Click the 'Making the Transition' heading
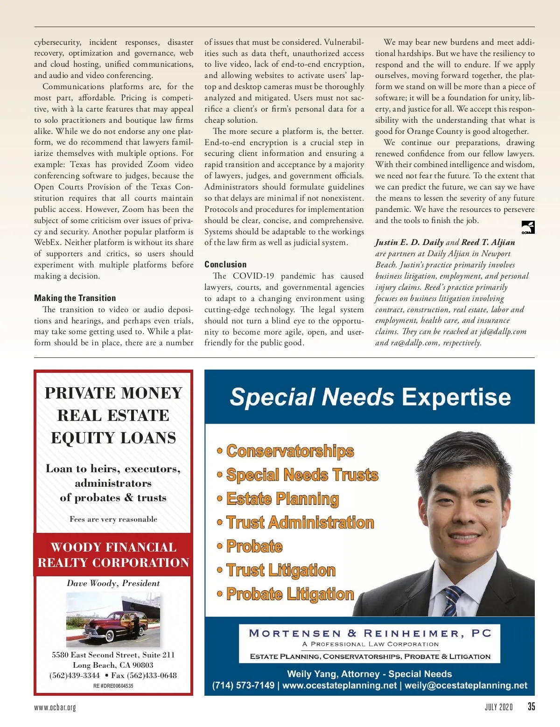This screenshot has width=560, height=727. [x=75, y=298]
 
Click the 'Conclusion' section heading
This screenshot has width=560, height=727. [x=225, y=265]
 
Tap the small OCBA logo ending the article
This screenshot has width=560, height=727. [x=528, y=228]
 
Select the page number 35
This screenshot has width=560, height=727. [x=531, y=706]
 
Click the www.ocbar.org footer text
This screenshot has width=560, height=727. [x=55, y=707]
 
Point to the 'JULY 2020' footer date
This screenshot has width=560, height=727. [x=498, y=707]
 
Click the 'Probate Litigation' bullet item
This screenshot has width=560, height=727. [x=290, y=594]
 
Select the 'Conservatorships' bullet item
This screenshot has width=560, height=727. [x=290, y=451]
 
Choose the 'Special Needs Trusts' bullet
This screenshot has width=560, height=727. [x=302, y=475]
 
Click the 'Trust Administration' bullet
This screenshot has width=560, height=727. [x=300, y=523]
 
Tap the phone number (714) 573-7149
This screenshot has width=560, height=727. [x=243, y=685]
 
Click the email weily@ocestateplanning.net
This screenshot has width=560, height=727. [x=466, y=685]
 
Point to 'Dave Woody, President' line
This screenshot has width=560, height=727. [x=113, y=583]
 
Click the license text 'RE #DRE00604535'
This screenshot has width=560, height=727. [x=113, y=686]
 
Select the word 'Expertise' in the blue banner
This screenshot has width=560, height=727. [x=456, y=397]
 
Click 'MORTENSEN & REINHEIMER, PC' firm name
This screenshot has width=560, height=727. [x=370, y=633]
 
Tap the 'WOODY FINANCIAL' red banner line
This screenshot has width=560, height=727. [x=113, y=547]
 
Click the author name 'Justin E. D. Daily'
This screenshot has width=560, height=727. [x=409, y=242]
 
